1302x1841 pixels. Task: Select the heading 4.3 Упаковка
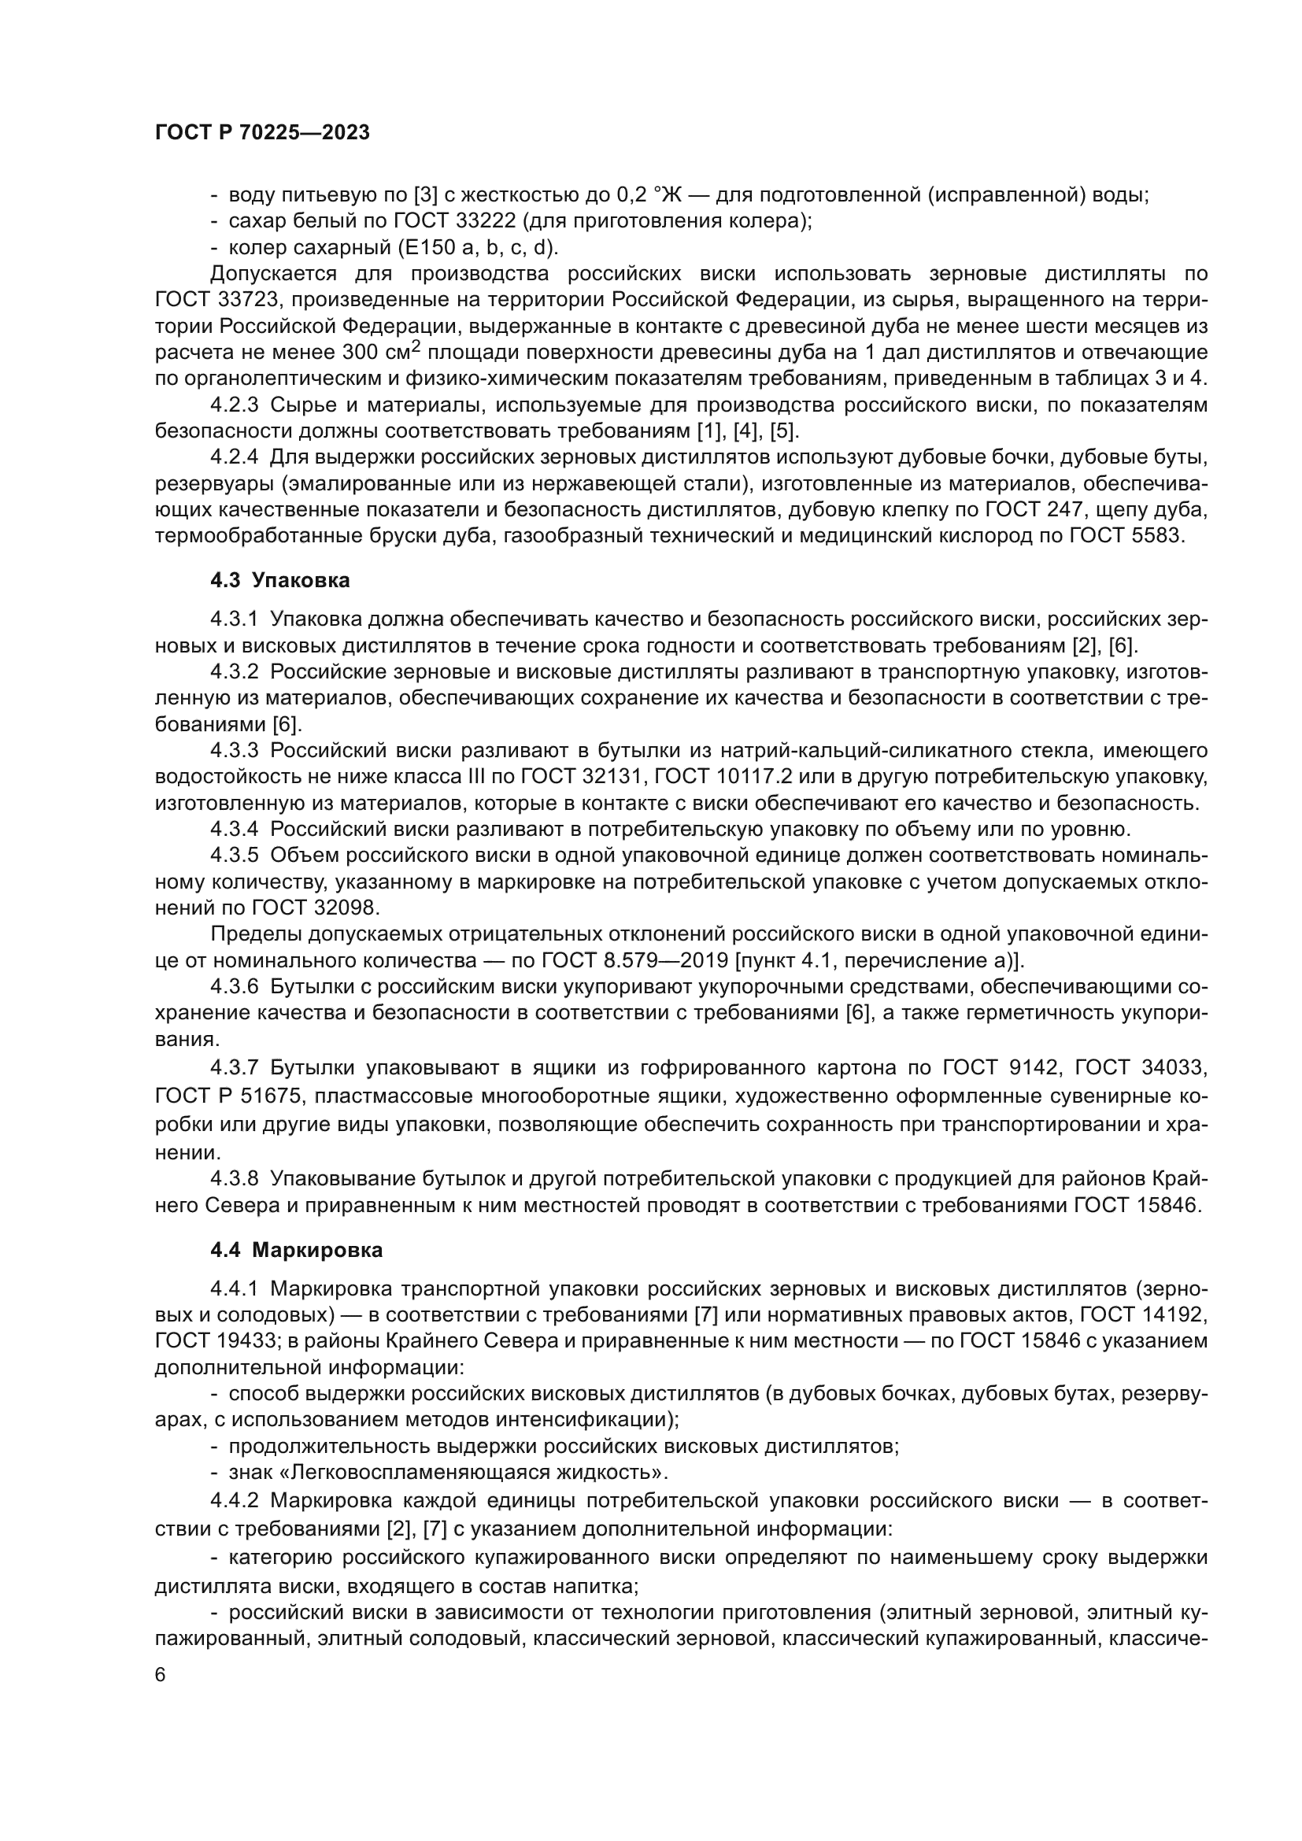pyautogui.click(x=279, y=580)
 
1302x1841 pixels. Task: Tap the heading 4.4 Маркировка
pyautogui.click(x=296, y=1250)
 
